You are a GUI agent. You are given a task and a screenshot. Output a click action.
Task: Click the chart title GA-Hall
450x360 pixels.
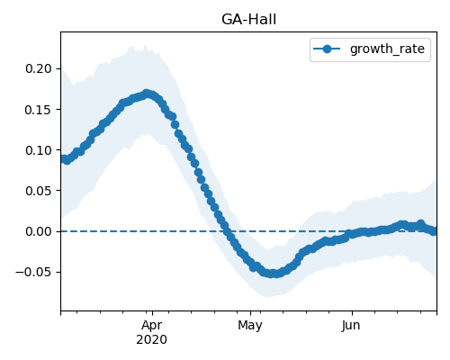coord(248,20)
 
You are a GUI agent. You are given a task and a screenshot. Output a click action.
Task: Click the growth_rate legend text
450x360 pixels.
coord(387,49)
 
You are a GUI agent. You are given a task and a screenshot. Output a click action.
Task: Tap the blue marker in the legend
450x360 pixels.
coord(327,49)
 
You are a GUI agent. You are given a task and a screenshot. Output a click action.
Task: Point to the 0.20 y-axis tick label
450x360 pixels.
coord(39,68)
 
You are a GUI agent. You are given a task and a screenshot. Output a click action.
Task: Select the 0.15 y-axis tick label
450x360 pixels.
coord(39,110)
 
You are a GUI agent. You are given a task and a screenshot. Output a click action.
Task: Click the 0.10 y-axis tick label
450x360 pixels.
coord(39,150)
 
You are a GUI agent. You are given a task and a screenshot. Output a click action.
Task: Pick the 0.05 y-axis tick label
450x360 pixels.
coord(39,191)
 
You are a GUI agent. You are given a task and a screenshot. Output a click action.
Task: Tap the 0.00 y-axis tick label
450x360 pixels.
coord(39,231)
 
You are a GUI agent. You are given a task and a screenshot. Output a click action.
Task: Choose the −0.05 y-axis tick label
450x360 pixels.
coord(33,272)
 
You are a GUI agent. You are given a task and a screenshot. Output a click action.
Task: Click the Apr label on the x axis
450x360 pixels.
coord(152,325)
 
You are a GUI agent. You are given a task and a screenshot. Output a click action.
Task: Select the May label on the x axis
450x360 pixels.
coord(250,325)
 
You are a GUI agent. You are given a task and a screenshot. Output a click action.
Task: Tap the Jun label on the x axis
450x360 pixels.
coord(351,325)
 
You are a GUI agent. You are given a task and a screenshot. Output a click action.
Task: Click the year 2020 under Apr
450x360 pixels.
coord(152,339)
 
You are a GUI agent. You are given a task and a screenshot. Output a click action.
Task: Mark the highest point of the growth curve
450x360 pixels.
coord(147,94)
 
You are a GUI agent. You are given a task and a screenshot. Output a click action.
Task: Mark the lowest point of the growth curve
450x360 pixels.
coord(272,274)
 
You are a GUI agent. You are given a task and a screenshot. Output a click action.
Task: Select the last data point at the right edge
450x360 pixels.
coord(434,231)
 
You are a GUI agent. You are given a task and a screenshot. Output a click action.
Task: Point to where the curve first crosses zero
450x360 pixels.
coord(228,231)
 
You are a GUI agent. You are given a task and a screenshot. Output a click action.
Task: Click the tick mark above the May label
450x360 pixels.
coord(250,313)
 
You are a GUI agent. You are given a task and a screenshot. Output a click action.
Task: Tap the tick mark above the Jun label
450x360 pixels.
coord(352,313)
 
